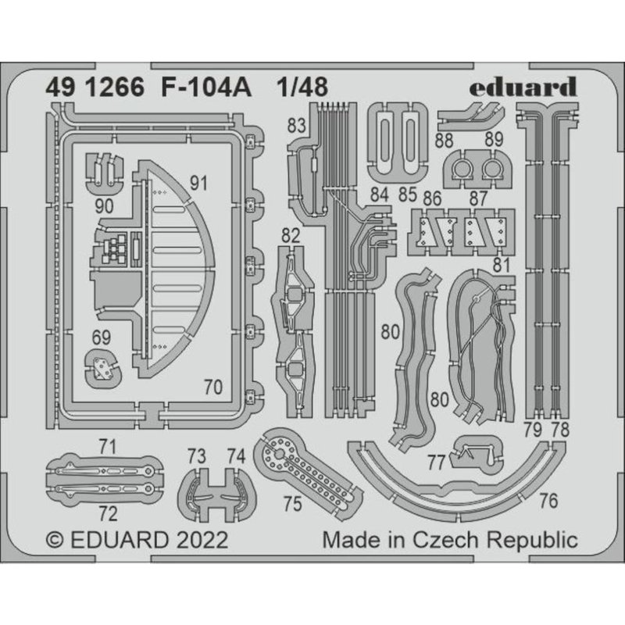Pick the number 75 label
[x=291, y=504]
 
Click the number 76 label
[x=548, y=501]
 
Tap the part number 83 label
[x=295, y=125]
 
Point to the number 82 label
[x=290, y=235]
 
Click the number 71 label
[x=108, y=447]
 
